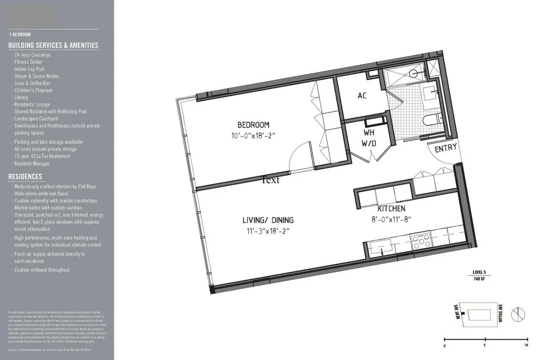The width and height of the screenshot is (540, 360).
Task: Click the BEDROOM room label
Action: click(253, 125)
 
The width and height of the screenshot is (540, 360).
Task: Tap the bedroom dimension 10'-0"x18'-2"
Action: click(253, 135)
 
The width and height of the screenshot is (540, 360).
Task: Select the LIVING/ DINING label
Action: click(268, 220)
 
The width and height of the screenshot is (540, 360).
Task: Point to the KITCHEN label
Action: click(391, 209)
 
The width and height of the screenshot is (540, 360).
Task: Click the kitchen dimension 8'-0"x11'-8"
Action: click(391, 219)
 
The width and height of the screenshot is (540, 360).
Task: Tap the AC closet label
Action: click(362, 95)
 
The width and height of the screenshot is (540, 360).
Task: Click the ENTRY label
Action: click(445, 147)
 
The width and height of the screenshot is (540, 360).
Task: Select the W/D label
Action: click(369, 144)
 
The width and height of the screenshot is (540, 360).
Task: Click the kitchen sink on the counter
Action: click(381, 246)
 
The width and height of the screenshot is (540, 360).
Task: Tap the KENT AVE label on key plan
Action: click(458, 312)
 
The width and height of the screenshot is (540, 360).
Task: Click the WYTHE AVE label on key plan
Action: click(500, 315)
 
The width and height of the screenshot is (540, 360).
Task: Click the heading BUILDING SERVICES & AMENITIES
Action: click(53, 45)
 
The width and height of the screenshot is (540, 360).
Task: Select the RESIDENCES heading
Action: click(25, 177)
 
